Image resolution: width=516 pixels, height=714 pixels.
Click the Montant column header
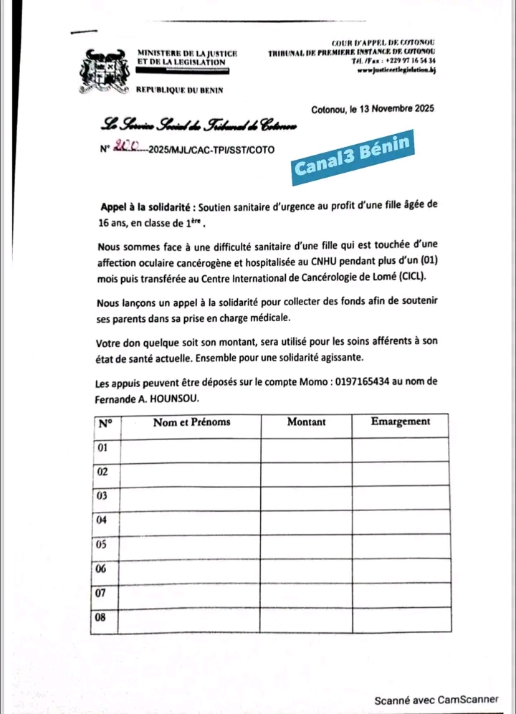306,422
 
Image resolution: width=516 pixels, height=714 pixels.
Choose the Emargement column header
401,422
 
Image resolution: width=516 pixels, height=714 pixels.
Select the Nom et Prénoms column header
191,422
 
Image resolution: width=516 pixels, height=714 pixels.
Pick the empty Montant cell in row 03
306,497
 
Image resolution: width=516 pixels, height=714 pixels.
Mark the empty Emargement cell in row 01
401,449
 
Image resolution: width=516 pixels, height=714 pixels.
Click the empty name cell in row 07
190,594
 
